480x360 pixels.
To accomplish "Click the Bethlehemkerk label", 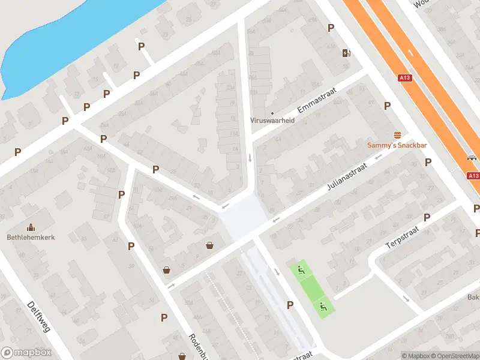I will coord(31,238).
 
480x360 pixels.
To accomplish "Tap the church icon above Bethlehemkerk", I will coord(31,227).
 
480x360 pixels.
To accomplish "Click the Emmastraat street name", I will coord(316,101).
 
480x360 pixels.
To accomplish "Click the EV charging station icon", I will coord(346,53).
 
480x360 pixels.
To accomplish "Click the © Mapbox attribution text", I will coord(415,356).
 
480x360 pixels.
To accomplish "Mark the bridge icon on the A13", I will coord(472,159).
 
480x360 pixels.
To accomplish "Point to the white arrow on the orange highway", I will coord(410,53).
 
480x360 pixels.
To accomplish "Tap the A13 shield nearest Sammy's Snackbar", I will coord(405,78).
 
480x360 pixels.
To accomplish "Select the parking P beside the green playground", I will coord(290,305).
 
